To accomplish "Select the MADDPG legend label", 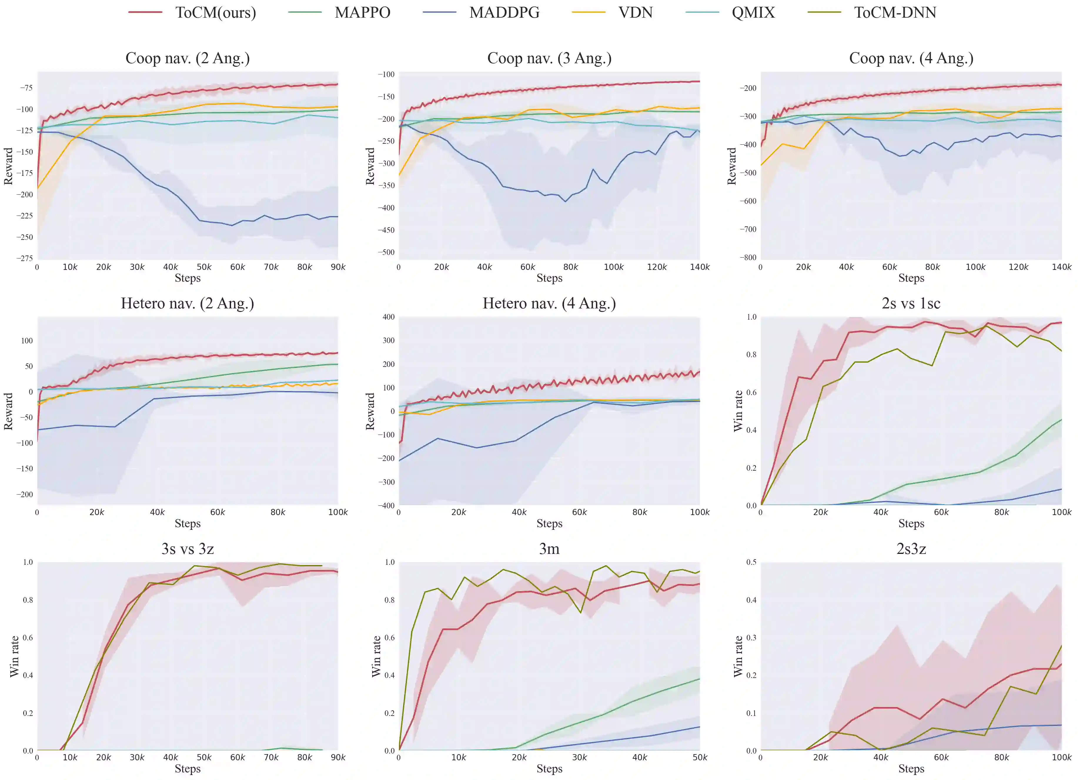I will pyautogui.click(x=504, y=12).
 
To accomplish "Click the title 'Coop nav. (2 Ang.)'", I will pyautogui.click(x=187, y=58).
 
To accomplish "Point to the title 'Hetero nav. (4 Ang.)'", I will pyautogui.click(x=549, y=303).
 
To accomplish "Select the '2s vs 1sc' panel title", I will pyautogui.click(x=911, y=303).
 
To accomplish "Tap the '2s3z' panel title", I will pyautogui.click(x=911, y=549).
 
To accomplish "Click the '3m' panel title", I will pyautogui.click(x=549, y=549).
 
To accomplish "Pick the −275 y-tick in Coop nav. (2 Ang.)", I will pyautogui.click(x=26, y=258).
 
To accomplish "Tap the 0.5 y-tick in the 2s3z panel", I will pyautogui.click(x=751, y=562).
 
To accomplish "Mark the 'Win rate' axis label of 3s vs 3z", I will pyautogui.click(x=14, y=656).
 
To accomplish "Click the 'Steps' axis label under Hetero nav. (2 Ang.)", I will pyautogui.click(x=187, y=523).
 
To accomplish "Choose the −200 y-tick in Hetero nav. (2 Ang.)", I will pyautogui.click(x=24, y=494).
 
